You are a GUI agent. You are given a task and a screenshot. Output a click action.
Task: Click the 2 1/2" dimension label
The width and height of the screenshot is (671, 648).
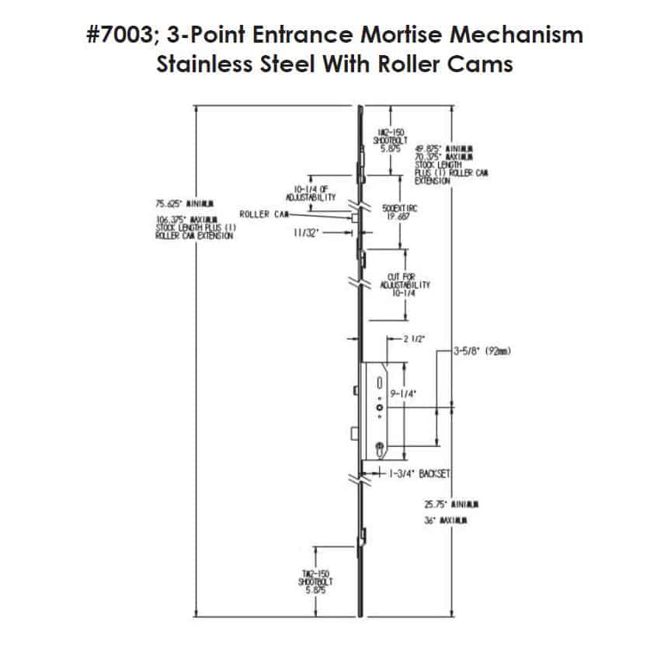click(413, 339)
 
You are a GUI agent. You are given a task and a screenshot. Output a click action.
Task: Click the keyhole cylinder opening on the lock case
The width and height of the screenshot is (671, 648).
click(379, 446)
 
